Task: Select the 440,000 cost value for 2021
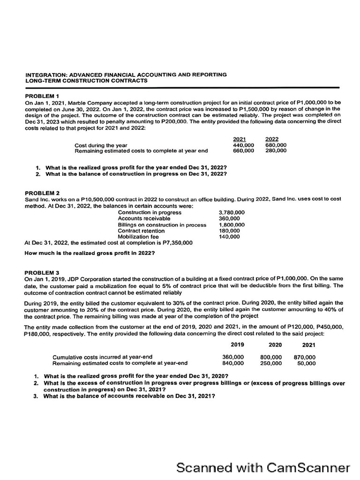[243, 145]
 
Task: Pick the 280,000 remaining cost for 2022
[276, 151]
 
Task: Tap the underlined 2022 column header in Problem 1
[272, 139]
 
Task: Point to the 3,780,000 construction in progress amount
[232, 212]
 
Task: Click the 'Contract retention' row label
[141, 231]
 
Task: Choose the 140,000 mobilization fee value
[229, 237]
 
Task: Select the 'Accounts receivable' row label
[144, 218]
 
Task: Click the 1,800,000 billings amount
[232, 225]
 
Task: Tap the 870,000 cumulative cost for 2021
[304, 357]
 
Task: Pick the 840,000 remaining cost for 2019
[232, 363]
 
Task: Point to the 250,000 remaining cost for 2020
[271, 363]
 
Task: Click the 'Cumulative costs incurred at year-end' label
[102, 357]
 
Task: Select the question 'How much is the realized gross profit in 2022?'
[90, 253]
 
